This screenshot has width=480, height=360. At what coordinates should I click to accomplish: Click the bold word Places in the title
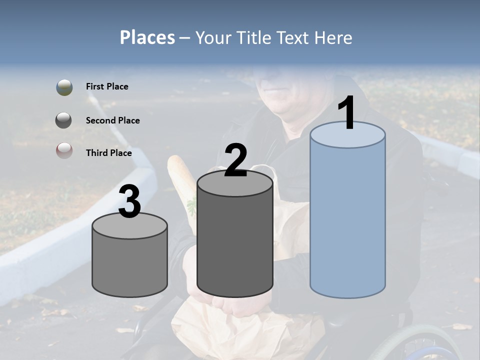[147, 37]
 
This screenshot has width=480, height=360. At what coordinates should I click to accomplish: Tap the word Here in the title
[333, 37]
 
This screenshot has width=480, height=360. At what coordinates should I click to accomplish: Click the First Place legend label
[107, 86]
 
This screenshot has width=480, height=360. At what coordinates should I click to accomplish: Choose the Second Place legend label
[112, 120]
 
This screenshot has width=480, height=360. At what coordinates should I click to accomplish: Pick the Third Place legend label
[108, 153]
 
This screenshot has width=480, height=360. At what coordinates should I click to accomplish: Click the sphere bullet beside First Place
[64, 87]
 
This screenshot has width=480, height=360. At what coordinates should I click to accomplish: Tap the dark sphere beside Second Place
[64, 120]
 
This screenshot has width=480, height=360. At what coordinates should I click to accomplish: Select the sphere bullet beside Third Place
[64, 150]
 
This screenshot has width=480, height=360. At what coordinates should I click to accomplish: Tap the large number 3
[130, 202]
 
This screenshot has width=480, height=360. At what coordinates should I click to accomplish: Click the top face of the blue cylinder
[347, 135]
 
